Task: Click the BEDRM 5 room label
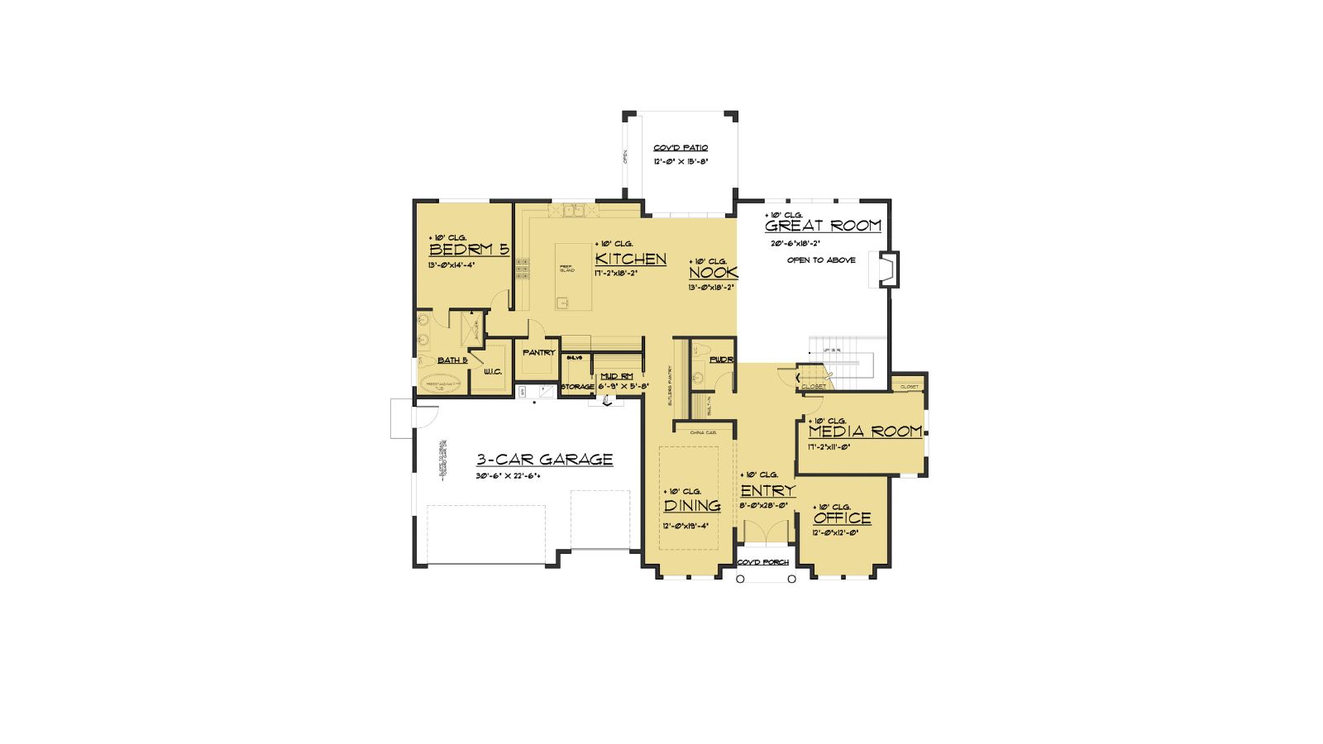tap(468, 250)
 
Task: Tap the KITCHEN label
tap(630, 259)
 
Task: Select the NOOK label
tap(712, 273)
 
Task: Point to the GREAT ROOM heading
tap(823, 226)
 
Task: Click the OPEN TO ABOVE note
tap(821, 260)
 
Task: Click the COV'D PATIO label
tap(681, 148)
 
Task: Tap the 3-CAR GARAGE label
tap(544, 460)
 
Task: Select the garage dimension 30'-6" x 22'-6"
tap(508, 476)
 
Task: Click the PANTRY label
tap(538, 353)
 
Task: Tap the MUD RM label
tap(616, 376)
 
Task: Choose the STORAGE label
tap(577, 386)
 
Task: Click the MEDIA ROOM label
tap(864, 432)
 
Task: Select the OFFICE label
tap(842, 518)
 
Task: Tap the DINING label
tap(692, 506)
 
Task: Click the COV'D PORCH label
tap(762, 562)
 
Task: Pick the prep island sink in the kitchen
tap(562, 303)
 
